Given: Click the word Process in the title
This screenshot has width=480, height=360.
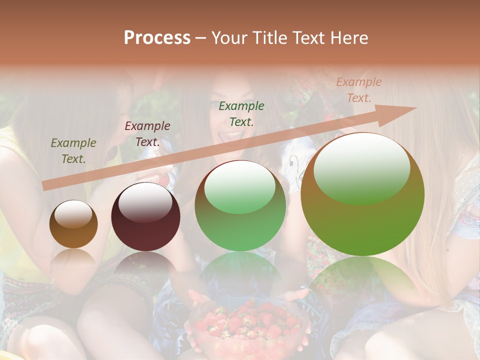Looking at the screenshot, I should (157, 38).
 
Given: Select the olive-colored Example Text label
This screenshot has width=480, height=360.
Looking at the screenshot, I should (73, 150).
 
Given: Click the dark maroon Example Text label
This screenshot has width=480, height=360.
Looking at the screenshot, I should (147, 133).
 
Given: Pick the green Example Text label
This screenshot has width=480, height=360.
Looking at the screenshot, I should (241, 113).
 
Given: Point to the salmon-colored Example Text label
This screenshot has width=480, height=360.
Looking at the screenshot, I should (358, 90).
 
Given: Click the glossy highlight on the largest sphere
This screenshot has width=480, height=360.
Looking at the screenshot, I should (361, 167).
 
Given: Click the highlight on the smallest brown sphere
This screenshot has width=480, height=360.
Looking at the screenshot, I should (73, 214).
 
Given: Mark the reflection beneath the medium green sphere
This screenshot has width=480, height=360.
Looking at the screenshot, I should (240, 275).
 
